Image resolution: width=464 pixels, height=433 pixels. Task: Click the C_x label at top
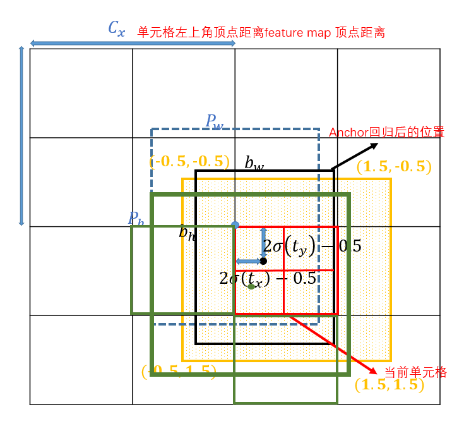(x=117, y=28)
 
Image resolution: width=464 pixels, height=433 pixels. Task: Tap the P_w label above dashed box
(x=215, y=121)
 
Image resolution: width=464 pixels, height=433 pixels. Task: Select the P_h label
(x=136, y=218)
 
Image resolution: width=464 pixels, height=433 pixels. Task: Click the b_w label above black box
(x=254, y=163)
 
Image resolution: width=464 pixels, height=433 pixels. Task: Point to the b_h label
(x=187, y=233)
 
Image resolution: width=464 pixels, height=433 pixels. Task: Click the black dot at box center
(x=263, y=261)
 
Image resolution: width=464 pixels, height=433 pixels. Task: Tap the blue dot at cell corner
(x=235, y=225)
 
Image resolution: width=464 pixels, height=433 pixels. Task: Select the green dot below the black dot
(x=251, y=286)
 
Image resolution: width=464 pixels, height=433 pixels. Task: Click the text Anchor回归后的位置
(x=386, y=133)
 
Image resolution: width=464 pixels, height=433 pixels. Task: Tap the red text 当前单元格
(x=415, y=372)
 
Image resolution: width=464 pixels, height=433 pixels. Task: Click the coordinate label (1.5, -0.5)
(x=394, y=168)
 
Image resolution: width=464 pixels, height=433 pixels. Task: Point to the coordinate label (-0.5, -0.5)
(x=189, y=162)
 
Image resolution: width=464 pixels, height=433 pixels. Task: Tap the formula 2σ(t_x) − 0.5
(x=267, y=278)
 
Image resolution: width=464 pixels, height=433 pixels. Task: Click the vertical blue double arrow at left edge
(x=21, y=136)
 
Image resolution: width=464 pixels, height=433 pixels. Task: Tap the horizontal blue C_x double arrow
(x=133, y=43)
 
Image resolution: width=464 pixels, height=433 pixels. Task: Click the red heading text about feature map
(x=261, y=32)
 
